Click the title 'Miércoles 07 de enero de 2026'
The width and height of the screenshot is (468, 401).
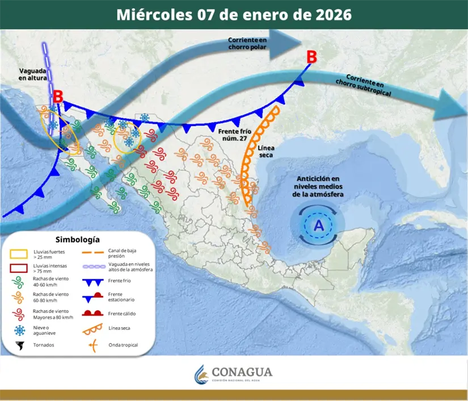point(234,14)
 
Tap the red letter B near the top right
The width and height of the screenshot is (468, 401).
point(311,57)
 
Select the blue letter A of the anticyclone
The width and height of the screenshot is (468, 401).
point(319,225)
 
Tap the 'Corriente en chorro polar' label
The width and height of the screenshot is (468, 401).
point(247,43)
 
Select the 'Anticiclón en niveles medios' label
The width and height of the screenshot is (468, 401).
point(319,187)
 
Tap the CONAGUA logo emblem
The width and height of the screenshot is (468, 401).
point(201,374)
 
